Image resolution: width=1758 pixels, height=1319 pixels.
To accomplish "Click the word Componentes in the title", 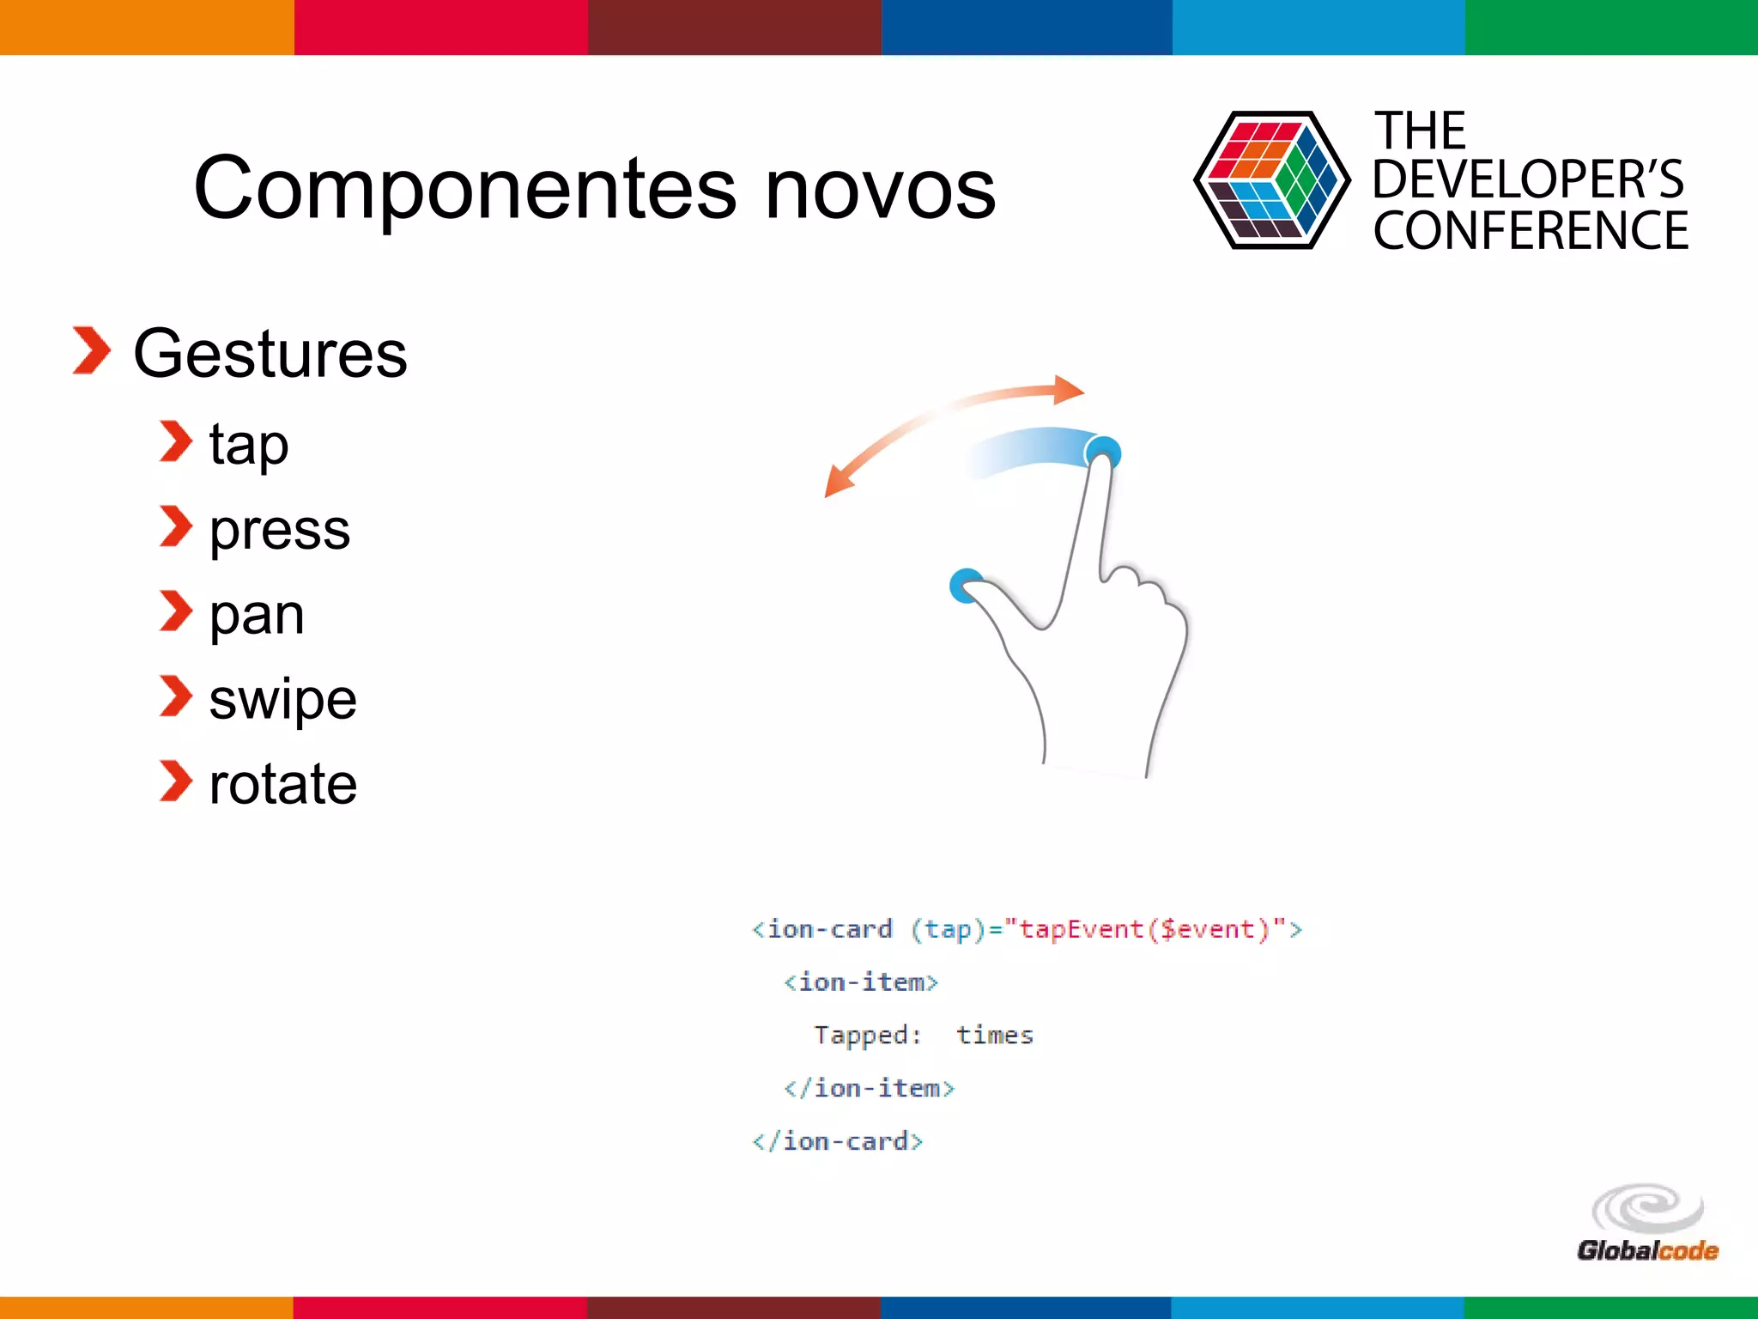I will click(x=464, y=189).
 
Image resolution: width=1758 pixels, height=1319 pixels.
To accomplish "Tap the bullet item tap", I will click(x=249, y=445).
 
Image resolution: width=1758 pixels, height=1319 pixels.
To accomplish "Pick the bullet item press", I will click(x=280, y=529).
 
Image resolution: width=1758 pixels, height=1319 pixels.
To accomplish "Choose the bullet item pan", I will click(x=257, y=614).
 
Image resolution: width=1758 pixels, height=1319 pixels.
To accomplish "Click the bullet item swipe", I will click(x=282, y=698).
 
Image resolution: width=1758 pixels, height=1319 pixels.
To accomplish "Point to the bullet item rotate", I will click(x=282, y=783).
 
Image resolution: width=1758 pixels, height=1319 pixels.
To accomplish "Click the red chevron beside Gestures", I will click(x=91, y=350).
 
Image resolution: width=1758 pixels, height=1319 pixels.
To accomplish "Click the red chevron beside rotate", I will click(x=176, y=781).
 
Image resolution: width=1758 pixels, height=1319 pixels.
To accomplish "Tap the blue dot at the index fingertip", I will click(x=1103, y=452).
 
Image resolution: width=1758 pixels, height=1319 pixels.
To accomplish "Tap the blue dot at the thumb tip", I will click(x=967, y=585).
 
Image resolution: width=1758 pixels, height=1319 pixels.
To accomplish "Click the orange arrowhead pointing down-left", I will click(x=837, y=483).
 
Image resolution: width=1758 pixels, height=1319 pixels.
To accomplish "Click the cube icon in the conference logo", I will click(x=1271, y=180).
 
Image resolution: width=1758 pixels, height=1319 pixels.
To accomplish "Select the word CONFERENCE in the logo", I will click(x=1531, y=231).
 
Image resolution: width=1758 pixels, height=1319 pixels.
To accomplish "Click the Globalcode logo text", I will click(x=1646, y=1250).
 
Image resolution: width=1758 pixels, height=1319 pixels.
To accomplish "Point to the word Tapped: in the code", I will click(x=867, y=1035).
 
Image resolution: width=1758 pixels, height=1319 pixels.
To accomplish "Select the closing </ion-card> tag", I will click(x=837, y=1141).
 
